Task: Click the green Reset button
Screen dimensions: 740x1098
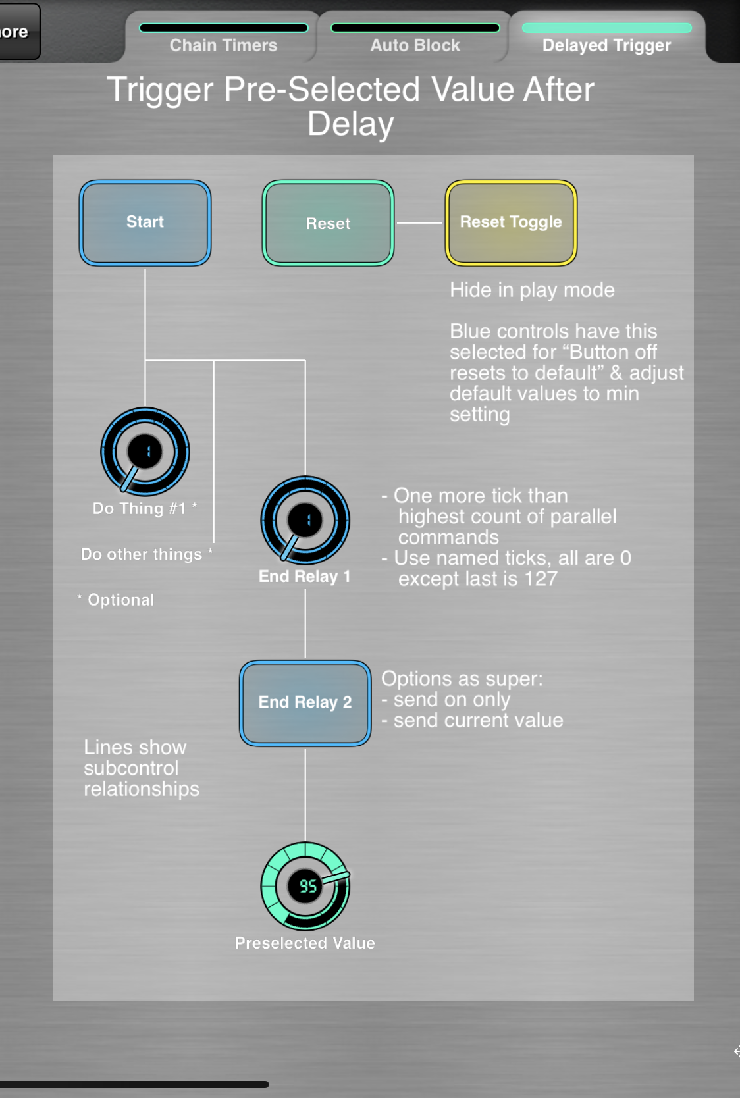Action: [x=328, y=223]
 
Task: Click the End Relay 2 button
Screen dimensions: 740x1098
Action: [x=305, y=703]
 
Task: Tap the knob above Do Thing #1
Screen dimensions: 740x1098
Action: [x=145, y=452]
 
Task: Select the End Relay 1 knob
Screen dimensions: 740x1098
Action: [x=305, y=520]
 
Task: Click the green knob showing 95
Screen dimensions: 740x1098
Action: [x=305, y=886]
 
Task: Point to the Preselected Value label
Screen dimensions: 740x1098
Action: [x=305, y=943]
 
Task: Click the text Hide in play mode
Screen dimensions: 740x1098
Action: [x=532, y=290]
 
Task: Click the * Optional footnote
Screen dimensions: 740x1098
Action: [x=116, y=600]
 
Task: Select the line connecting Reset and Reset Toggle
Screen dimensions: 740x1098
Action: [x=419, y=223]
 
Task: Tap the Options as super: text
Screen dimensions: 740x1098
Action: [x=462, y=679]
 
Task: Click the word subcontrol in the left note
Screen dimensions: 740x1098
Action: [x=131, y=768]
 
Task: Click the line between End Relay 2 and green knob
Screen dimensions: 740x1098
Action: [x=305, y=794]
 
